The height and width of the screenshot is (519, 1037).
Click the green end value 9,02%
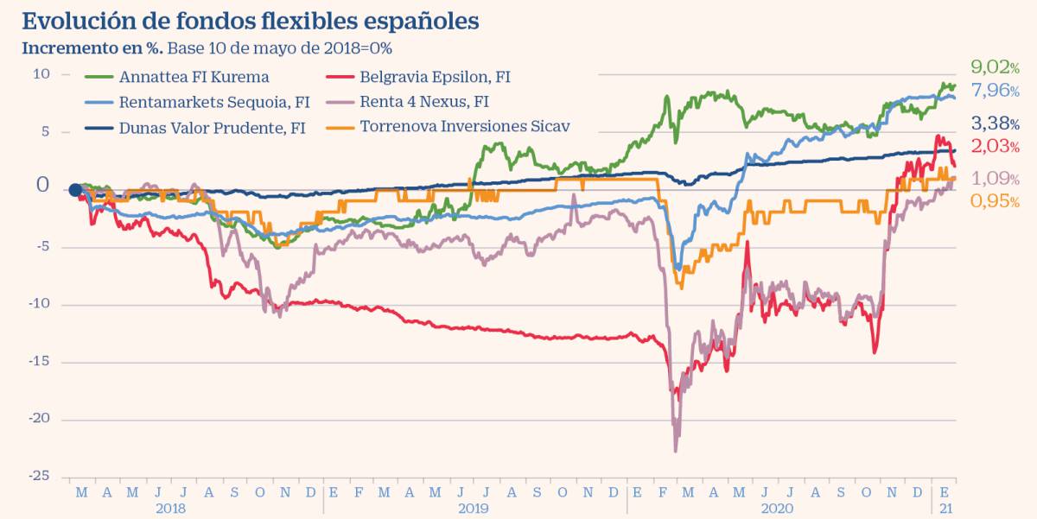(995, 66)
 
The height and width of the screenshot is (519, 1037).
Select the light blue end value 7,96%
(995, 90)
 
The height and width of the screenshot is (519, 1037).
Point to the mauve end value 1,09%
(995, 179)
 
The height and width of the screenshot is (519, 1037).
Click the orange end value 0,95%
(995, 201)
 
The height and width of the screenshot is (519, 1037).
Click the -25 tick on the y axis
(39, 476)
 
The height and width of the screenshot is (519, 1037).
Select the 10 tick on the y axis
(41, 74)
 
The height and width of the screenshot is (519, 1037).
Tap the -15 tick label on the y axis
(39, 361)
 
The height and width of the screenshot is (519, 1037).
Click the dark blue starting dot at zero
(75, 190)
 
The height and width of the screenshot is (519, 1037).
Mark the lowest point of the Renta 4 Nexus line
(676, 450)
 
